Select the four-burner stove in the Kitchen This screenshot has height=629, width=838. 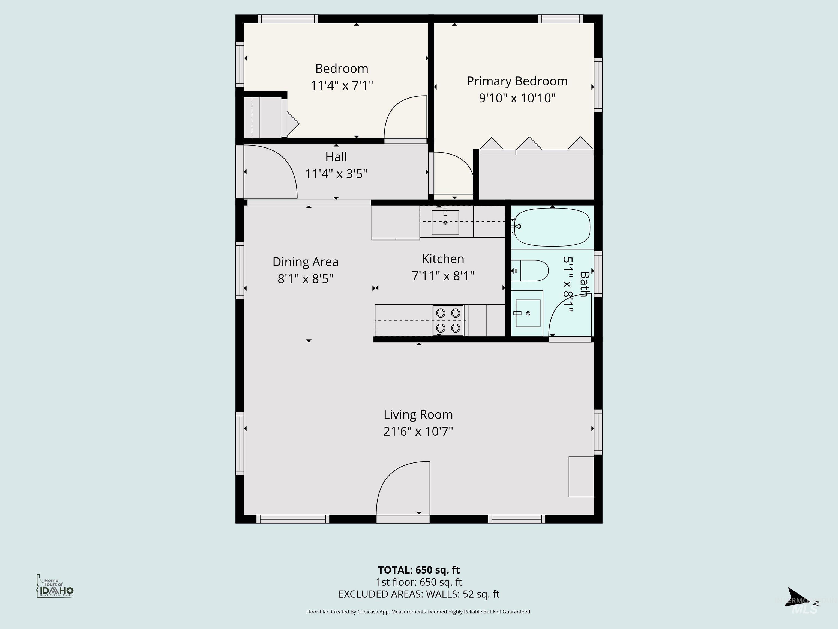[448, 321]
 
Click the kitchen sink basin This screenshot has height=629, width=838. [445, 222]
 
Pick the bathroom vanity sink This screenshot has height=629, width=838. [528, 313]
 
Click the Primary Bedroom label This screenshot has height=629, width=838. [517, 81]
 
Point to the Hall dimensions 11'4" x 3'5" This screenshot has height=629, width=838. [336, 174]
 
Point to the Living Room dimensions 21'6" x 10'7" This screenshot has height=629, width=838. [418, 431]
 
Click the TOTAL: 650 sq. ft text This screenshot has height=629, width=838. [419, 570]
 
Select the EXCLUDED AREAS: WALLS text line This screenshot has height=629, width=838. [419, 594]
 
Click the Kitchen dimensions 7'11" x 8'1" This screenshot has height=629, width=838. [443, 276]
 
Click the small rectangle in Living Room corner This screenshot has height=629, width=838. [581, 477]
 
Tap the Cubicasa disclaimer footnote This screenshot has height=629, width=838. [419, 612]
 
